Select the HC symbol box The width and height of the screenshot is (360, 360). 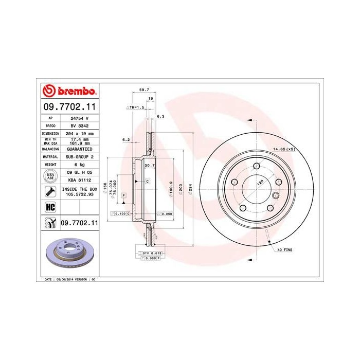pos(50,207)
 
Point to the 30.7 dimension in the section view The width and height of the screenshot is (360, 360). pos(150,165)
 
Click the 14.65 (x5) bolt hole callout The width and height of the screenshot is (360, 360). pos(283,149)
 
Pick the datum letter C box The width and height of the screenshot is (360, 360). pos(147,182)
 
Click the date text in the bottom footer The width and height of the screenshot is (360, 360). pos(67,279)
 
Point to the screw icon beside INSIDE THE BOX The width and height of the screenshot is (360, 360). pos(50,192)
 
